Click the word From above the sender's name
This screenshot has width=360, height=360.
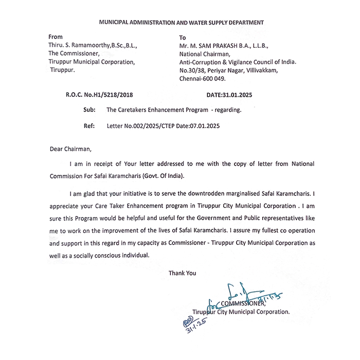click(x=56, y=37)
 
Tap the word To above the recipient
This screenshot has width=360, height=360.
click(x=182, y=38)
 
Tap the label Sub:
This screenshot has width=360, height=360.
click(x=88, y=110)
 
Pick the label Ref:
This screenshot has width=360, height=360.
click(x=88, y=126)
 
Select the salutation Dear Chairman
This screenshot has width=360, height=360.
click(x=69, y=150)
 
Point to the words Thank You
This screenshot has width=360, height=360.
click(x=182, y=273)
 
